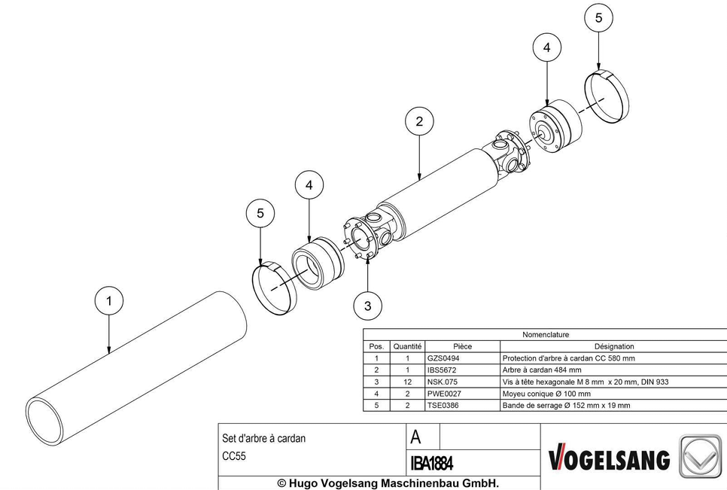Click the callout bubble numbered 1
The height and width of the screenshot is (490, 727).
coord(109,301)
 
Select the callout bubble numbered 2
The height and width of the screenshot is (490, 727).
coord(419,121)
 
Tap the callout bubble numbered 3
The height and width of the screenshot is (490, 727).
coord(368,306)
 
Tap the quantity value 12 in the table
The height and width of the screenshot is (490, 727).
coord(408,382)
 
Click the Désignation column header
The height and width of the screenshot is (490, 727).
coord(614,346)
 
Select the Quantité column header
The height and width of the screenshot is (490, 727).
coord(408,346)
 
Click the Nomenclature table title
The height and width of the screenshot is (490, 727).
coord(546,335)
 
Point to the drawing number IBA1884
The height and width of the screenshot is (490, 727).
coord(432,463)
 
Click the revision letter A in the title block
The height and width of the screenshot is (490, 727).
coord(416,437)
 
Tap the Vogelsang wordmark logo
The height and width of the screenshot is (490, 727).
coord(610,459)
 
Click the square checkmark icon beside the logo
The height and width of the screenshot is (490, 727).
coord(701,456)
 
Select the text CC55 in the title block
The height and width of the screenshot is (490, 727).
coord(234,456)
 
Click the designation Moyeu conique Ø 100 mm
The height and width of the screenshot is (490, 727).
coord(546,394)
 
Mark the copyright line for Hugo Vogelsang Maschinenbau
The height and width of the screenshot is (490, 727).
coord(388,483)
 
